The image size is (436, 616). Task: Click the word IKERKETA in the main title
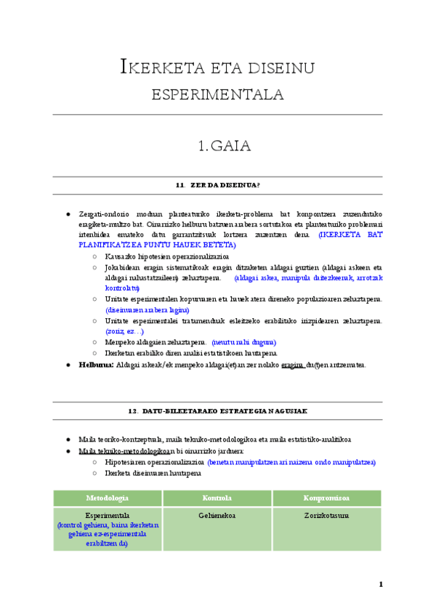tap(155, 70)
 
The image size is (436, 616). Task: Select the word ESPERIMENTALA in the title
tap(217, 95)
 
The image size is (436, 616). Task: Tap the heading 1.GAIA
tap(224, 146)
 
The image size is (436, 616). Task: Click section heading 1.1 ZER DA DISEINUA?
tap(218, 186)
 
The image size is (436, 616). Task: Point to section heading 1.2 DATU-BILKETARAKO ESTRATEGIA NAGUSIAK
tap(218, 411)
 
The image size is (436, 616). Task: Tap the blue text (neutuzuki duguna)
tap(243, 341)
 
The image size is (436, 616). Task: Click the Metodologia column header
tap(108, 498)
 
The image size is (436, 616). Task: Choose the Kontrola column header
tap(217, 498)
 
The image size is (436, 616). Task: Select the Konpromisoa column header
tap(326, 498)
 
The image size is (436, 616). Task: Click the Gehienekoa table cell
tap(217, 515)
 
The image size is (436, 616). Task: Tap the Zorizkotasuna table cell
tap(326, 515)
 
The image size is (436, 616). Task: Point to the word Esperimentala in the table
tap(108, 515)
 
